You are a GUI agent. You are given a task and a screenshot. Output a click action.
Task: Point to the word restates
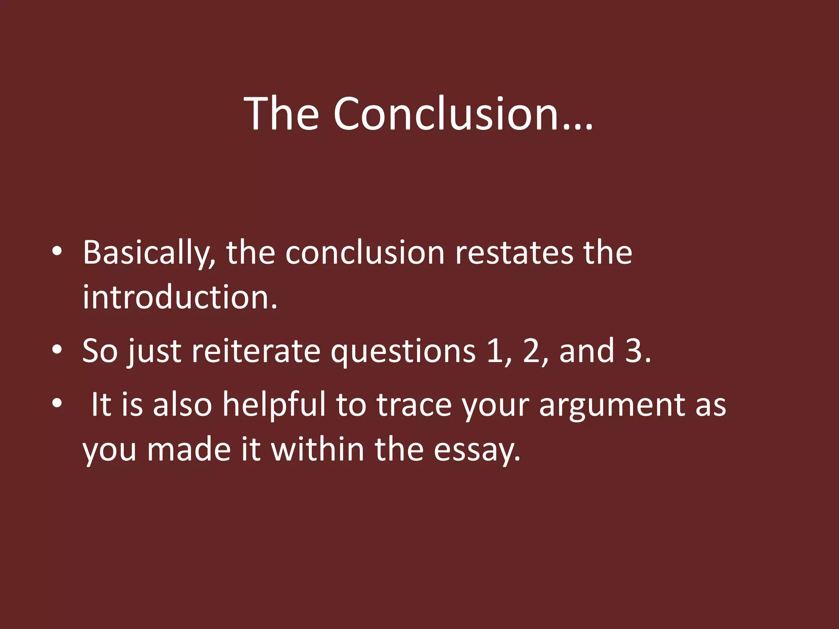coord(514,253)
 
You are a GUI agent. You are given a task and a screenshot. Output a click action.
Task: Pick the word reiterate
coord(256,351)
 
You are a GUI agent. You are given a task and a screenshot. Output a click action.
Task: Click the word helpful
coord(274,405)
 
